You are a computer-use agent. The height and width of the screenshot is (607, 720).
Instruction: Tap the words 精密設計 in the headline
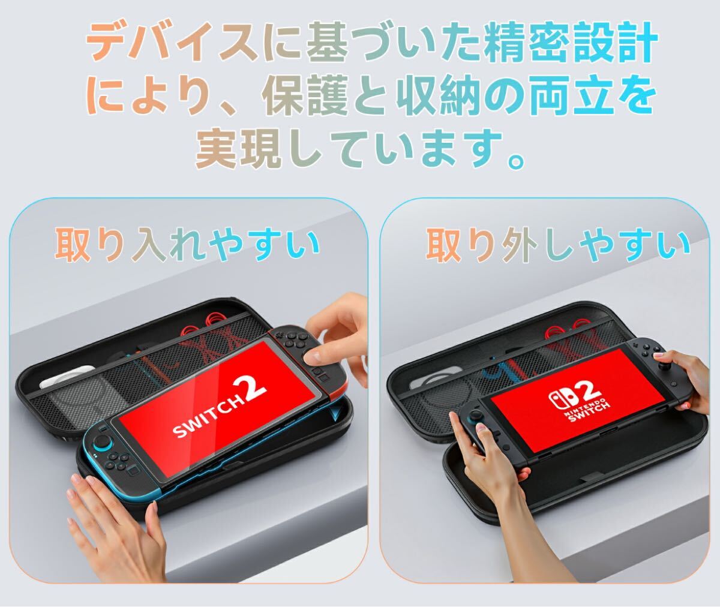pyautogui.click(x=571, y=43)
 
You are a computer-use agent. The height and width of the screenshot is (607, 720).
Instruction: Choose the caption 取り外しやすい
pyautogui.click(x=557, y=246)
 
